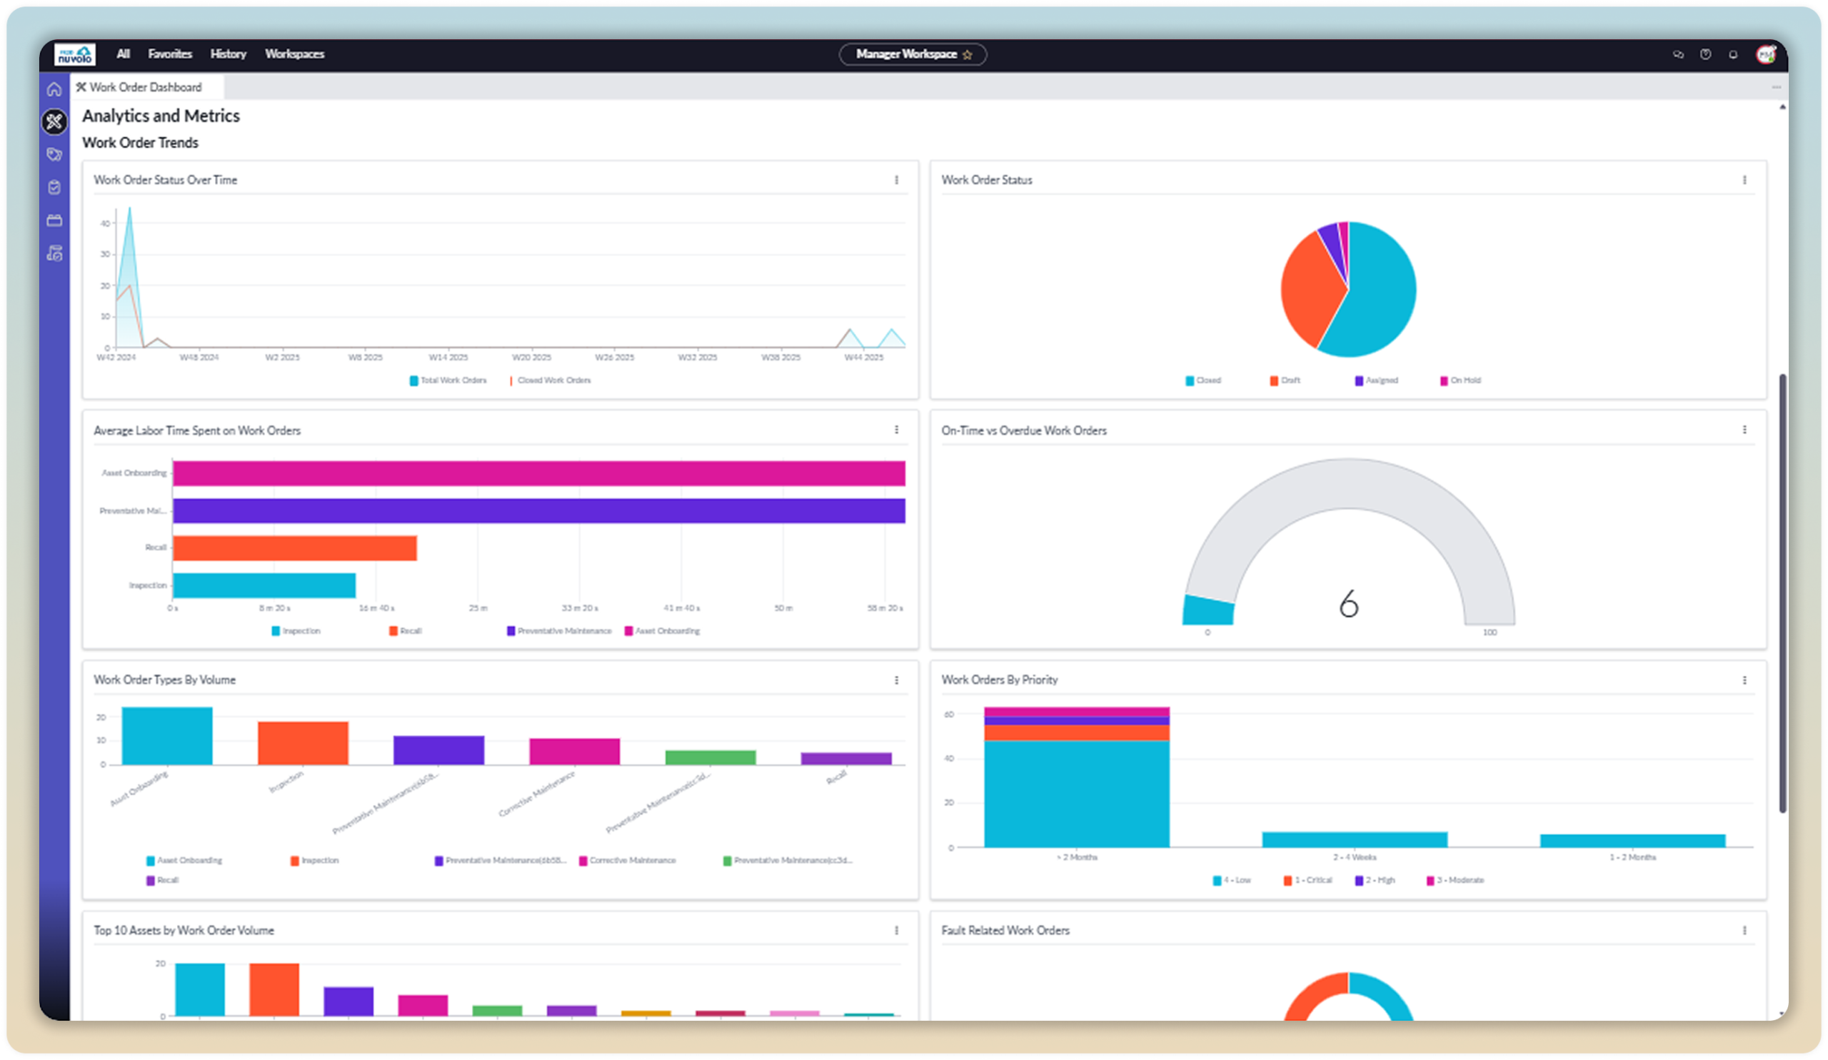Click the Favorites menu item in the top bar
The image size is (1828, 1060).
[170, 54]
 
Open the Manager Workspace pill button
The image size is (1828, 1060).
[912, 54]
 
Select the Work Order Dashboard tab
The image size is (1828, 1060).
[145, 87]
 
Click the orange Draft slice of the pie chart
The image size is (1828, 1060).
[1310, 290]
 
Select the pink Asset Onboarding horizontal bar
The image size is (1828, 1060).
[538, 473]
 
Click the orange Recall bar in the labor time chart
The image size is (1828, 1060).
[294, 548]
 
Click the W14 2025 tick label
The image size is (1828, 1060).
[448, 358]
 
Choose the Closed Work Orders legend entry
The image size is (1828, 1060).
[553, 380]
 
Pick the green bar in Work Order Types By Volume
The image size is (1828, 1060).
[710, 757]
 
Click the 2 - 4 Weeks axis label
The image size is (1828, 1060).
[1354, 857]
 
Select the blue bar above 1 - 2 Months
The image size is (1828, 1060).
[1632, 841]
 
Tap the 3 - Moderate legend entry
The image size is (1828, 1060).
[1460, 880]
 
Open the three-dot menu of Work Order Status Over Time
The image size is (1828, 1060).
[897, 180]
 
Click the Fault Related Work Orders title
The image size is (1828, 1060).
[1005, 930]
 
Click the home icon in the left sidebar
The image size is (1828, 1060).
[54, 89]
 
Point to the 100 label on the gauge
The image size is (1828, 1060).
[1490, 632]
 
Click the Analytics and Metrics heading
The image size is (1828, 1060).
[161, 116]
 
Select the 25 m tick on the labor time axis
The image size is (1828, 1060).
[478, 608]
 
